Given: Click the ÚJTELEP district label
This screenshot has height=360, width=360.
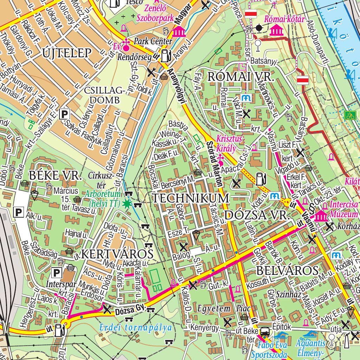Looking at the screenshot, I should click(66, 53).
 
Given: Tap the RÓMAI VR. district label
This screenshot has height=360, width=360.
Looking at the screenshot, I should click(240, 77).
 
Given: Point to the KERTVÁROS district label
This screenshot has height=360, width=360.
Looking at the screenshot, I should click(117, 253).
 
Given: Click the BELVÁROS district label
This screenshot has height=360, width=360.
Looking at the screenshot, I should click(287, 270).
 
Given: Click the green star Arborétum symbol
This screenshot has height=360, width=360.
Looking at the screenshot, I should click(126, 204).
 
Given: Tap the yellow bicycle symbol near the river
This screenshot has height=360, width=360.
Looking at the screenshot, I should click(349, 115).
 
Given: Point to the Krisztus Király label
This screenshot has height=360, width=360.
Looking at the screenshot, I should click(230, 143).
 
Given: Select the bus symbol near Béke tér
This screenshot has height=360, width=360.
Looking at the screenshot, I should click(265, 332).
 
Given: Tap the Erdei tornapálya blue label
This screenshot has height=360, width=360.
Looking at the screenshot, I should click(136, 328).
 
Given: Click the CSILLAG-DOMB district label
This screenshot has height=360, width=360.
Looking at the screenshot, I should click(105, 95).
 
